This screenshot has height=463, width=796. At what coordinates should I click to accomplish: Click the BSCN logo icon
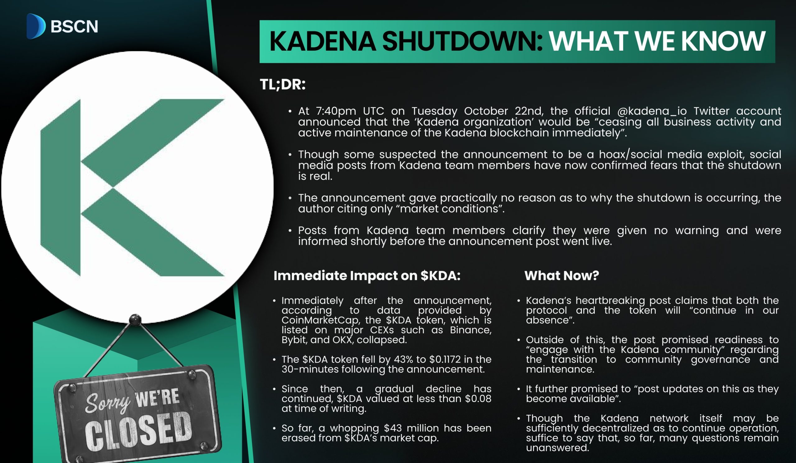(36, 26)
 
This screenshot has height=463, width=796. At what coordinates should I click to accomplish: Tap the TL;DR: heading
(283, 84)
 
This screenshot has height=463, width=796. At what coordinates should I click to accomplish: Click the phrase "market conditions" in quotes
(451, 209)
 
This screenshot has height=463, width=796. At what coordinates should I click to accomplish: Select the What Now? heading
(562, 276)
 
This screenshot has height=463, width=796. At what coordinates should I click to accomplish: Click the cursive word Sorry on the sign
(107, 403)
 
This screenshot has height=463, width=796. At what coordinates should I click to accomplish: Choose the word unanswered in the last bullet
(558, 448)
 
